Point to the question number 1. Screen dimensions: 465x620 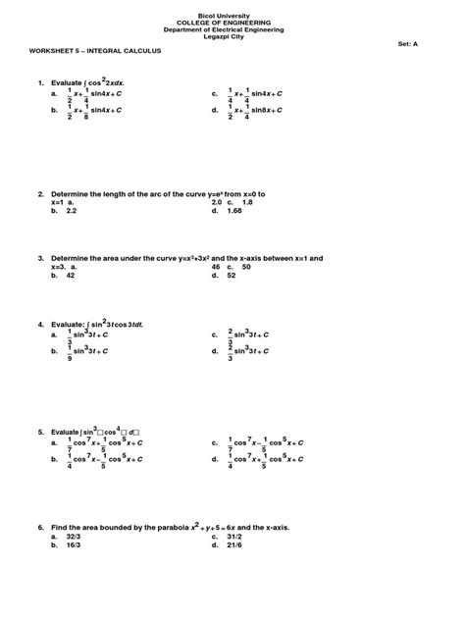click(x=40, y=83)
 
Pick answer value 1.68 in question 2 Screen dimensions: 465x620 click(x=233, y=210)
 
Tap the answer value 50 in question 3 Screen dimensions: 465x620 click(x=246, y=267)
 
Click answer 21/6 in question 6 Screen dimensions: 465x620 click(x=232, y=545)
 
